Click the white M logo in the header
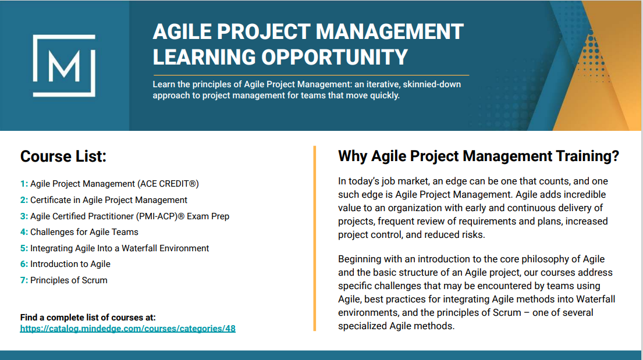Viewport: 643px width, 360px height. pos(64,66)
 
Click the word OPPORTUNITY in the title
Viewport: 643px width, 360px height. pos(335,57)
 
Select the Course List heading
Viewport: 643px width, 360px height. pos(63,156)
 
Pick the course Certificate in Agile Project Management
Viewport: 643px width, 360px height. pos(109,200)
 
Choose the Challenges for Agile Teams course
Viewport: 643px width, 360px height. pos(84,232)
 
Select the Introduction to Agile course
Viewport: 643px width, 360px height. pos(70,264)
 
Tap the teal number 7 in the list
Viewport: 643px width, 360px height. pos(24,280)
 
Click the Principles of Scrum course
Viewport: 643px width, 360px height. pos(69,280)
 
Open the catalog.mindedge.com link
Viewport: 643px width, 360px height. pos(128,329)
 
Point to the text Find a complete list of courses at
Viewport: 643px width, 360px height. pos(88,318)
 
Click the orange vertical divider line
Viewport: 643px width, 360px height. pos(315,238)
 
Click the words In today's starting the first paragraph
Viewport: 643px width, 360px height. pos(358,181)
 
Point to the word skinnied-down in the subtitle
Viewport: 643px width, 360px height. pos(432,84)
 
